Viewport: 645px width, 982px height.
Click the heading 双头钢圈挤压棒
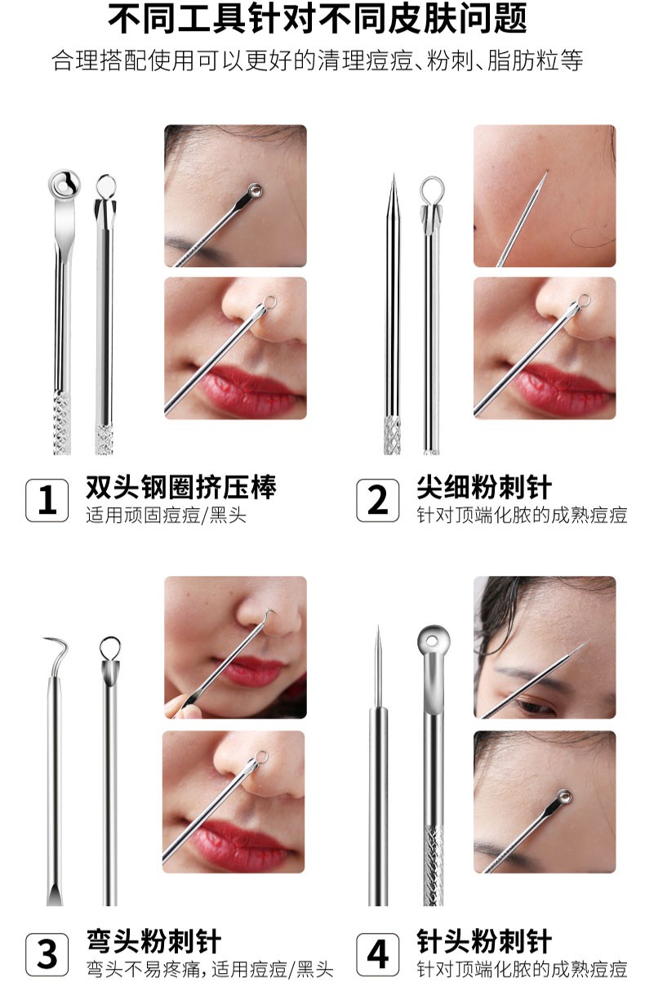point(181,488)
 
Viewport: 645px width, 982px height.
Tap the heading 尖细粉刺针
point(484,488)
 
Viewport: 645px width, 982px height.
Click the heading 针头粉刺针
point(484,940)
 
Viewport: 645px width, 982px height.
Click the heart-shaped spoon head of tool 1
point(63,185)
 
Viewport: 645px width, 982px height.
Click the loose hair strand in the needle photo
point(591,237)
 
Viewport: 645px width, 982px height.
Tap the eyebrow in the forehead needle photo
point(523,676)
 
